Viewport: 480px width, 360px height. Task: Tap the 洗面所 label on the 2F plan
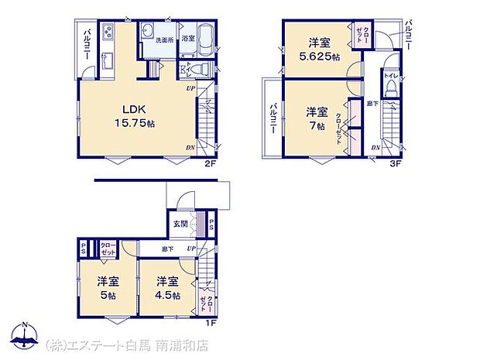(163, 39)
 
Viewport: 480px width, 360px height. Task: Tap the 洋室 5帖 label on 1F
(106, 287)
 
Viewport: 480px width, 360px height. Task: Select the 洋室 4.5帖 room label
(166, 287)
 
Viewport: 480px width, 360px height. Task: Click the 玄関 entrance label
(180, 224)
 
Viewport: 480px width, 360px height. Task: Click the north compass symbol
(26, 336)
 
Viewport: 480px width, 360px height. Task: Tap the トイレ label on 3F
(391, 77)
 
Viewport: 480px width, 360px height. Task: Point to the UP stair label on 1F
(190, 249)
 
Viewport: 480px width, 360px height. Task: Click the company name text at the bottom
(128, 345)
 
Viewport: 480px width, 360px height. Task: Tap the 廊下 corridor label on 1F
(167, 249)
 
